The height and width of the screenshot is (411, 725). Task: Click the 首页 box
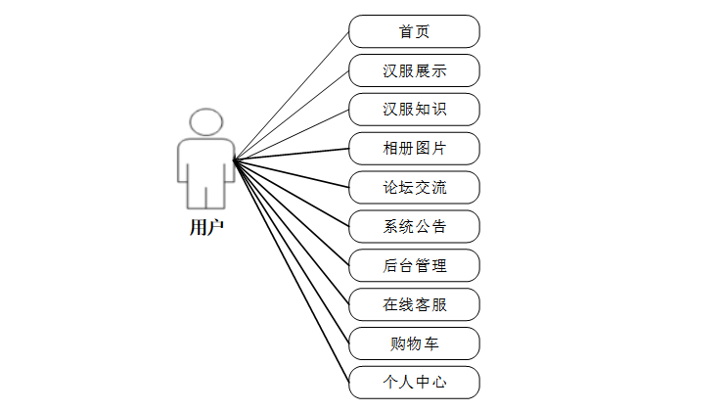(x=414, y=31)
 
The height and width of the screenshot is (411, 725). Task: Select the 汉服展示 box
(x=414, y=70)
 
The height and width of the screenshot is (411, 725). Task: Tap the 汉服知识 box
(x=414, y=109)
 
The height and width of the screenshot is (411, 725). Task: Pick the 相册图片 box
(x=414, y=148)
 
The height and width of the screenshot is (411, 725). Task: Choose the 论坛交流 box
(x=414, y=187)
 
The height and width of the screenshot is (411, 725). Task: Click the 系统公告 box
(x=414, y=226)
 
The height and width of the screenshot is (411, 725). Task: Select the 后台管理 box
(x=414, y=265)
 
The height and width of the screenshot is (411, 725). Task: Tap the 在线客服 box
(x=414, y=304)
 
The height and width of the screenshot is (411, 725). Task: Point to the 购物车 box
(x=414, y=343)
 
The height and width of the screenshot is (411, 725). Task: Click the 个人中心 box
(x=414, y=382)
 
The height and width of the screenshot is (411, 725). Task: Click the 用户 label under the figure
(x=206, y=227)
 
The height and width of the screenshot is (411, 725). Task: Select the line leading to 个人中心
(x=291, y=265)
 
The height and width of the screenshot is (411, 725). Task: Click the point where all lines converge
(x=234, y=160)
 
